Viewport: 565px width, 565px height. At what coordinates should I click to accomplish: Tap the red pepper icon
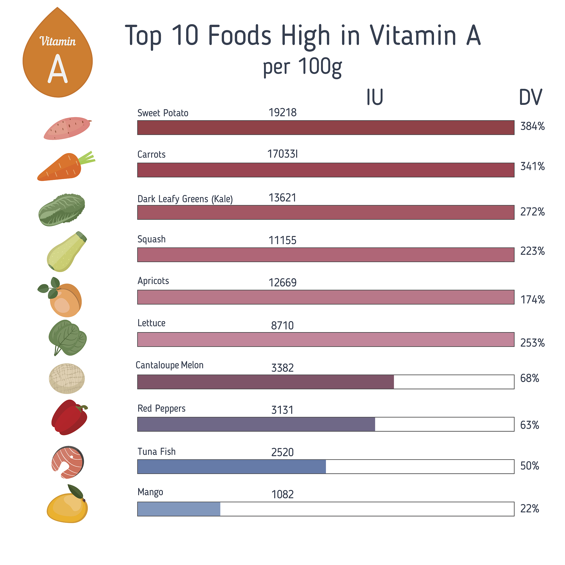(x=69, y=417)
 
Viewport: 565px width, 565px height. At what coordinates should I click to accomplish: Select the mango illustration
(x=67, y=506)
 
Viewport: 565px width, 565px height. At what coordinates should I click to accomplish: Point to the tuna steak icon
(x=68, y=462)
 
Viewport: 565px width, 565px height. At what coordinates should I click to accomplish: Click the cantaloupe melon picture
(x=67, y=379)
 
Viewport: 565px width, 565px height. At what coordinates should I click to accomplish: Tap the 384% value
(x=532, y=126)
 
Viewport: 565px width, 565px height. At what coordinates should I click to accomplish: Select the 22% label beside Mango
(x=529, y=509)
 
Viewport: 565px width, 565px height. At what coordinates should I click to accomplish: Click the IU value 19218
(x=282, y=113)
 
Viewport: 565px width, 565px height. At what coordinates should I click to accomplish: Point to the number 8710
(x=282, y=326)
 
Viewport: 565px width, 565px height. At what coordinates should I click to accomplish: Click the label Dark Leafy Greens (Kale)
(x=185, y=199)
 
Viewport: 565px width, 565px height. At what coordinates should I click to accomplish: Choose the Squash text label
(x=151, y=239)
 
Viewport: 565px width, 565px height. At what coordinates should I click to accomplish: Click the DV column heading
(x=530, y=97)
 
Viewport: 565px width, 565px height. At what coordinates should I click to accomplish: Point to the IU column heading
(x=375, y=97)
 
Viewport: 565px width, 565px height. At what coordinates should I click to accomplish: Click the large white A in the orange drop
(x=58, y=69)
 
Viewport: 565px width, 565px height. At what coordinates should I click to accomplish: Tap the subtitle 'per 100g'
(x=302, y=67)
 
